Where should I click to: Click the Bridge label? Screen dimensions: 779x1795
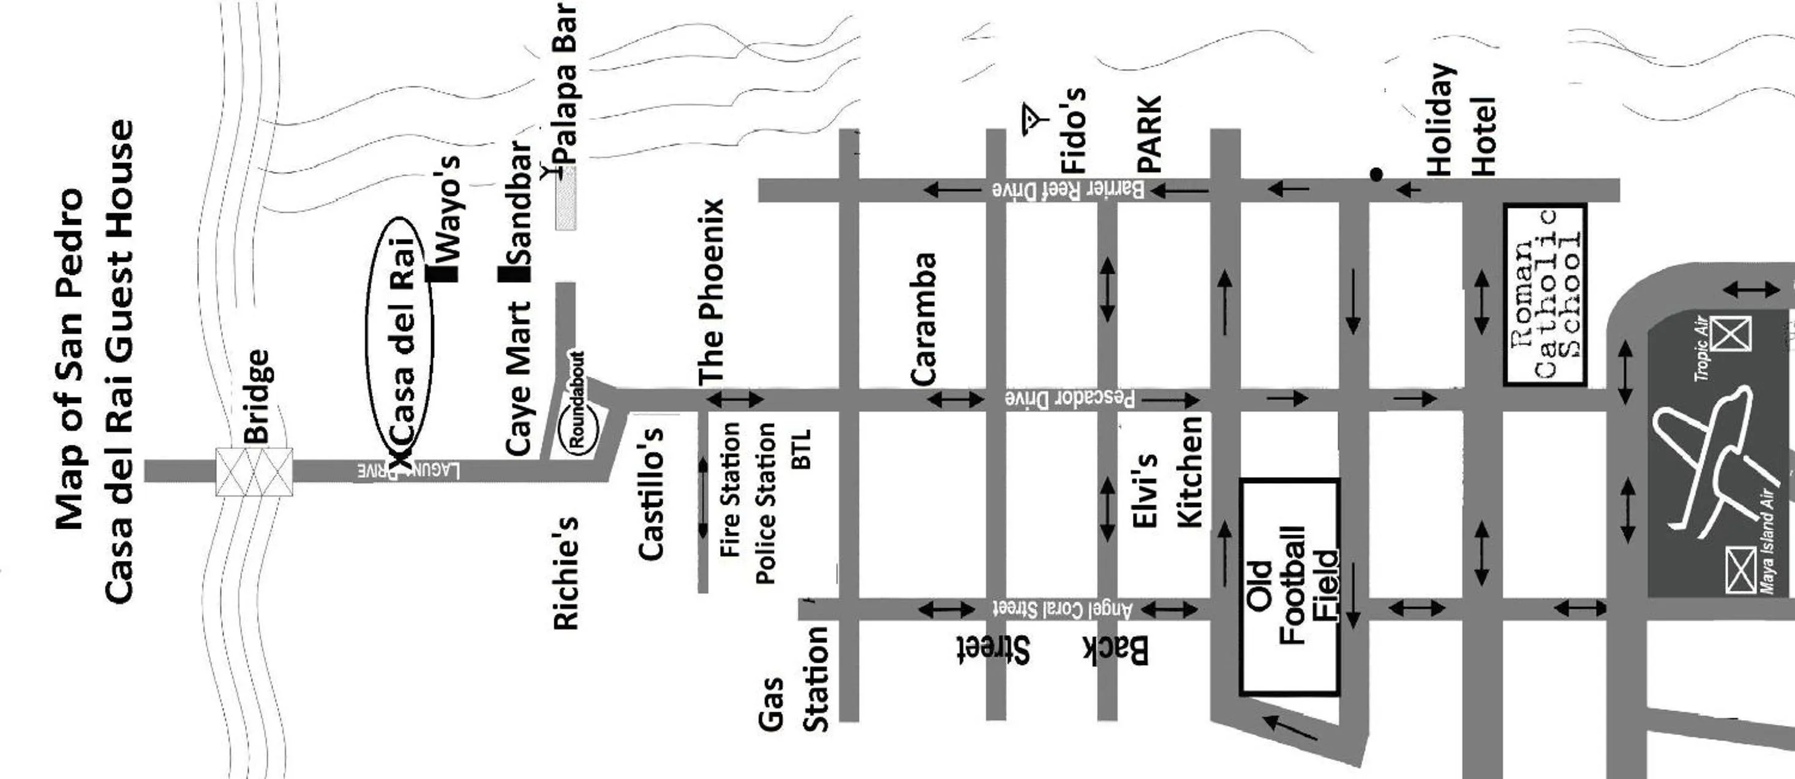(x=257, y=396)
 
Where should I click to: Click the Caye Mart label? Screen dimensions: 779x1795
(x=519, y=379)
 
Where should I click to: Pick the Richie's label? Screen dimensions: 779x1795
(x=566, y=573)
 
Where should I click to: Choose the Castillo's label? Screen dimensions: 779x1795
(x=652, y=494)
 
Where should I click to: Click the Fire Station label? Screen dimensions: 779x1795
(x=729, y=489)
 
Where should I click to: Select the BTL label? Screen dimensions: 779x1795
(x=802, y=449)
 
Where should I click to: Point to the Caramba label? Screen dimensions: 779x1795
(x=924, y=318)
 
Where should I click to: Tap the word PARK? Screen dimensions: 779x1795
(x=1149, y=134)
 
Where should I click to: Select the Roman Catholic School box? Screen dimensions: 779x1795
(x=1546, y=294)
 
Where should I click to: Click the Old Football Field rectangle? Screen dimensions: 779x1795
(x=1290, y=586)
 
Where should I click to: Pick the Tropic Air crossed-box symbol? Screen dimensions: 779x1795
(x=1731, y=334)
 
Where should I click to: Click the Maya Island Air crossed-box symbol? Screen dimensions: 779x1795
(x=1740, y=570)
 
